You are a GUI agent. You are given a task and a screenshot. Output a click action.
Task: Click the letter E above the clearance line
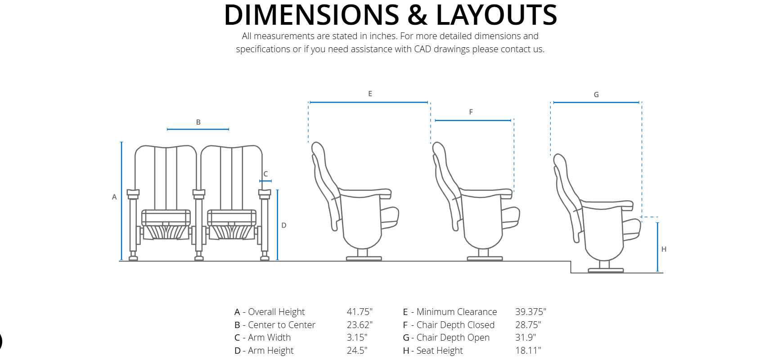pos(370,94)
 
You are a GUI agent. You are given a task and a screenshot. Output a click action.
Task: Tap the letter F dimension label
pos(471,112)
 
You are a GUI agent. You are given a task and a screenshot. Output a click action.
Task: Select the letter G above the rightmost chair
pos(596,94)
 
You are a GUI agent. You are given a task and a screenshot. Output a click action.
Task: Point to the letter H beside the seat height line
pos(664,249)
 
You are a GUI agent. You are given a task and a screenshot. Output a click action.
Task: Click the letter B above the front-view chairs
pos(198,122)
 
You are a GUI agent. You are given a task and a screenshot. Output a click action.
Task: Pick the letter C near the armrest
pos(265,174)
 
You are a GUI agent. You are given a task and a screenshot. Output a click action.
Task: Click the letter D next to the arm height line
pos(284,225)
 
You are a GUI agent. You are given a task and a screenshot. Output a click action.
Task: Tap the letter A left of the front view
pos(114,197)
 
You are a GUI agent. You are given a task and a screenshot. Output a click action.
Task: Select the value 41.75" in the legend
pos(360,312)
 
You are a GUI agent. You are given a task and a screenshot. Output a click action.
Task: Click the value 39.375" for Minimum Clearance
pos(530,312)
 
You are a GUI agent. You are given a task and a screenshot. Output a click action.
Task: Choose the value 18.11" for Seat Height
pos(528,351)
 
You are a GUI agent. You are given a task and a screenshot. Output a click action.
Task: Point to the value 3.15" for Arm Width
pos(357,337)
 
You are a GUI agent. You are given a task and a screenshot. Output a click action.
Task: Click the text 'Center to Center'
pos(282,325)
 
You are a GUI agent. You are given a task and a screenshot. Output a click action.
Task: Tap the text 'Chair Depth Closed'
pos(455,325)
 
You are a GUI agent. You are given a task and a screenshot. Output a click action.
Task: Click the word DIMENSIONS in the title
pos(311,15)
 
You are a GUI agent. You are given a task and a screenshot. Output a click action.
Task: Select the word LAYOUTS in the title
pos(496,15)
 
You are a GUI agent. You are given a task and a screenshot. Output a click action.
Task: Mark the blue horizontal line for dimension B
pos(198,129)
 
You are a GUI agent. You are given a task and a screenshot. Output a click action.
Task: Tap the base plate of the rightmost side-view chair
pos(605,270)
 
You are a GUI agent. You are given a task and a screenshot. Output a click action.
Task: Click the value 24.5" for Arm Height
pos(357,351)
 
